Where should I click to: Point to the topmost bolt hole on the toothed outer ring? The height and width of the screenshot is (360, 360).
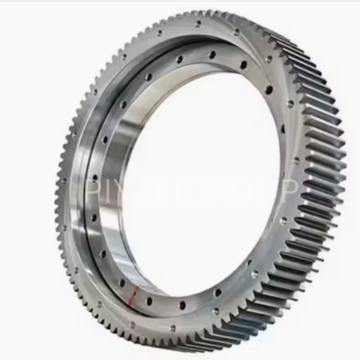point(198,24)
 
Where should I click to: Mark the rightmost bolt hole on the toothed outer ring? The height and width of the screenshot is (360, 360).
point(296,160)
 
